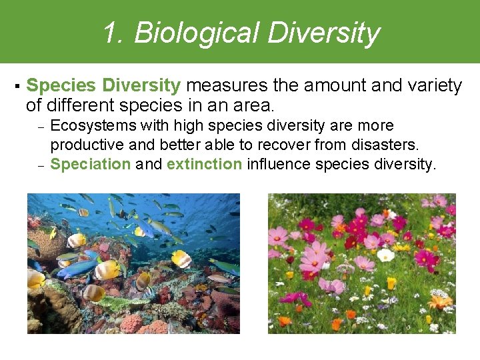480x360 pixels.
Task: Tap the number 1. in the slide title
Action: (x=113, y=33)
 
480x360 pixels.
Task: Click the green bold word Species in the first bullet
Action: (x=61, y=86)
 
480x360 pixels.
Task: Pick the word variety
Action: (x=435, y=86)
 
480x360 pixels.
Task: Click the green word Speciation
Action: (x=91, y=164)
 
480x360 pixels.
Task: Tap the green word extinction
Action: (x=204, y=164)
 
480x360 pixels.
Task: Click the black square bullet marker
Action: (x=15, y=87)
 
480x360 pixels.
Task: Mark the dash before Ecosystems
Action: (x=40, y=127)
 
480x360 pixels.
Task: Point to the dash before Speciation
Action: (x=40, y=165)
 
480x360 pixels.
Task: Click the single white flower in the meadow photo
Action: (x=385, y=255)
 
